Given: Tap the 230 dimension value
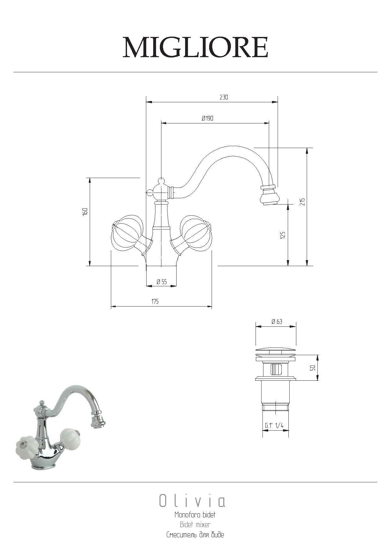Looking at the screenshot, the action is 224,97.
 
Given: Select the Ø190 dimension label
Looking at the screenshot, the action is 208,118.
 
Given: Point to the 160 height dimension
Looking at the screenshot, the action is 85,211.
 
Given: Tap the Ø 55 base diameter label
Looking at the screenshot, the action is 161,282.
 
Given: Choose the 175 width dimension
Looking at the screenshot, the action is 154,301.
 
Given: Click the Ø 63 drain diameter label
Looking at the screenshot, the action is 277,322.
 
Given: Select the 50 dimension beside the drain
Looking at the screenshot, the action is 313,368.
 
